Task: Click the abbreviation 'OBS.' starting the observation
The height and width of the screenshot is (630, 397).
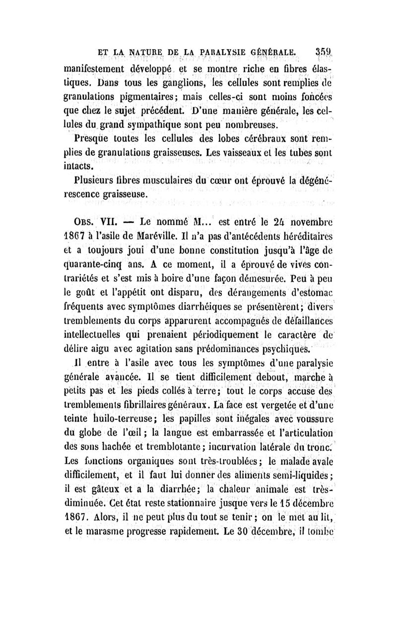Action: pyautogui.click(x=76, y=218)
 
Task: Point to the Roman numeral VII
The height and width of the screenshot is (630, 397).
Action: pyautogui.click(x=103, y=218)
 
